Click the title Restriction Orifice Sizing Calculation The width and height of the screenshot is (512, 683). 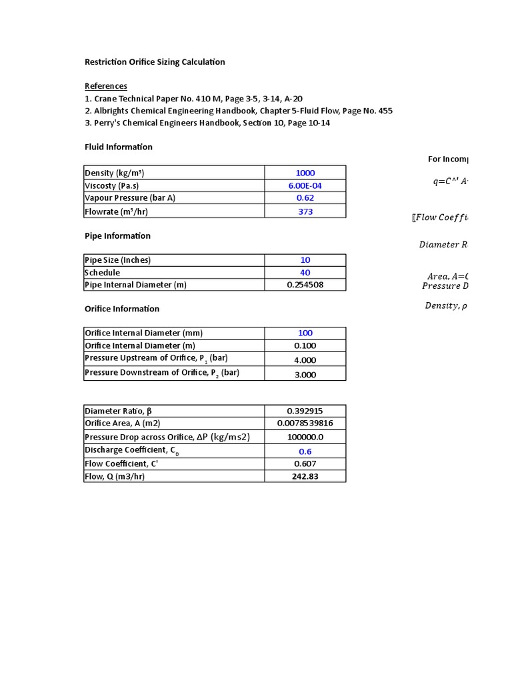point(155,62)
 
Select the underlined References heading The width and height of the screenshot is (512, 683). point(105,86)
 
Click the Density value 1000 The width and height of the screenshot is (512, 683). point(305,173)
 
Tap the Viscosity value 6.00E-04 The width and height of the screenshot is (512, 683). point(305,185)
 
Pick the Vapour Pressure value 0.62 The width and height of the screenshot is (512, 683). point(305,198)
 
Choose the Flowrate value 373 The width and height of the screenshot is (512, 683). point(305,211)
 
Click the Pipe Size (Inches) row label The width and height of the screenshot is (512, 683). point(118,260)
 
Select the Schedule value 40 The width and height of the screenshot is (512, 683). point(305,273)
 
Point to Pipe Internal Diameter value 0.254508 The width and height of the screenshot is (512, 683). point(305,285)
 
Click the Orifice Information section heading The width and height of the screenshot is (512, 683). point(122,309)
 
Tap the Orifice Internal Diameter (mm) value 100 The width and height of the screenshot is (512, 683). point(305,333)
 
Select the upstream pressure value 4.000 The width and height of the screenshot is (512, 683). point(305,360)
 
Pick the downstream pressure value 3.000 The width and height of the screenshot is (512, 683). point(305,375)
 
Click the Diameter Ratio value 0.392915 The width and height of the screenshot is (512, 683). point(305,411)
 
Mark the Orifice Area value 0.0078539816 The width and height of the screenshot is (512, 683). point(305,424)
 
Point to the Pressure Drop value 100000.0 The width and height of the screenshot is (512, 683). point(305,437)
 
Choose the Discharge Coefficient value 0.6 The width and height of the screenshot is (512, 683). point(305,452)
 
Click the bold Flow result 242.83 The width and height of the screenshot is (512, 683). point(305,476)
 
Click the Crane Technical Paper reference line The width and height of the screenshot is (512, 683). point(193,99)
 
